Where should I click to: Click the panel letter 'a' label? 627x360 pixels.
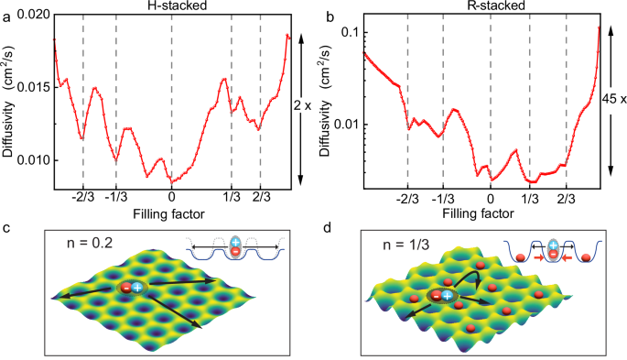pos(6,12)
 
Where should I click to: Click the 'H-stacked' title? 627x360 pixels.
pos(172,7)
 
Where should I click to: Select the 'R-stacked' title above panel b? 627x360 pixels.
pos(482,7)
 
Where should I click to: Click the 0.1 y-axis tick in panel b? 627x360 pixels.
pos(346,32)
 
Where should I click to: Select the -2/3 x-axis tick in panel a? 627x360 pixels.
pos(83,195)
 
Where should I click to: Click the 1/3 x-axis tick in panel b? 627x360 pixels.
pos(529,195)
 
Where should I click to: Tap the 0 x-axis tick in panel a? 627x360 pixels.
pos(172,195)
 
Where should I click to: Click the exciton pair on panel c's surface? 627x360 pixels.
pos(131,288)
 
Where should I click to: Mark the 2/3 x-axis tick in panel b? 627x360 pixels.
pos(565,195)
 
